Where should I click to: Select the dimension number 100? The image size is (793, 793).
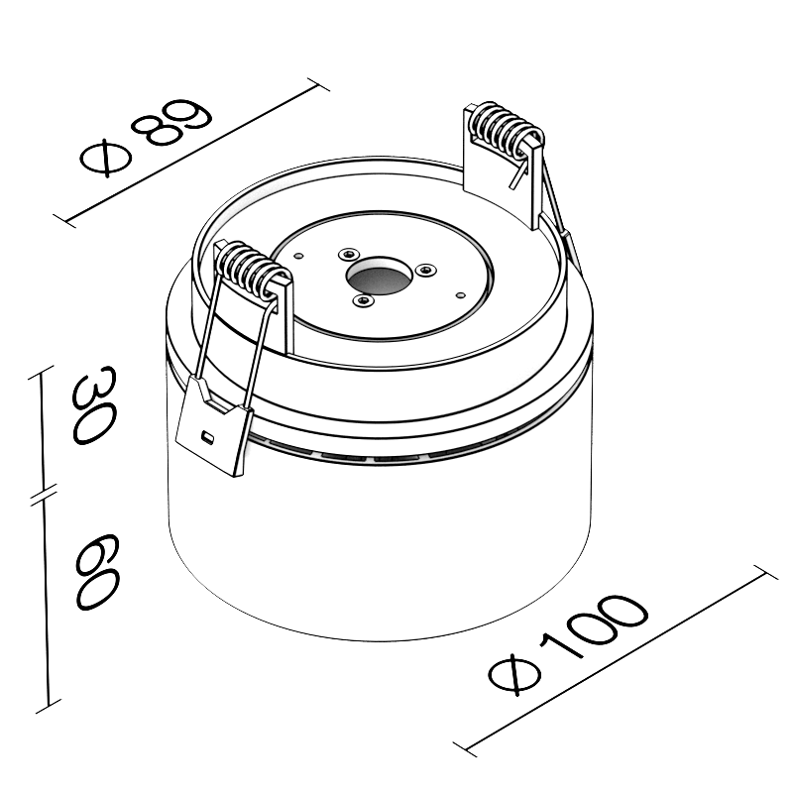click(x=593, y=628)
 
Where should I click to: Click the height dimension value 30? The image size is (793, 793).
click(x=94, y=405)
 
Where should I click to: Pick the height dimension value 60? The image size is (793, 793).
click(x=97, y=572)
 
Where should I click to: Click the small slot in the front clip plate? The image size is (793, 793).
click(x=207, y=435)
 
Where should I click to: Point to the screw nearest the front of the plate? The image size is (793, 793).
click(x=363, y=301)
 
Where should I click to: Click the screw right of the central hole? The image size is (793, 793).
click(x=426, y=270)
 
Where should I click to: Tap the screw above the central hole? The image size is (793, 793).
click(x=349, y=253)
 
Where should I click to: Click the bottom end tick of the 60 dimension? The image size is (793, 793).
click(x=49, y=706)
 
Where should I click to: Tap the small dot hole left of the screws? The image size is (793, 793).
click(x=299, y=256)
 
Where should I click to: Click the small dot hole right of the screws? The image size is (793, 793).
click(x=460, y=294)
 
